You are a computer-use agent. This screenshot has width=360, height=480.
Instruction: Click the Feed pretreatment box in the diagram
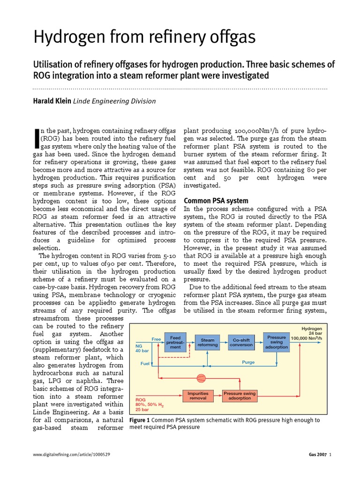point(175,342)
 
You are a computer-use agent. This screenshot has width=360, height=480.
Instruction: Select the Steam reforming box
point(208,342)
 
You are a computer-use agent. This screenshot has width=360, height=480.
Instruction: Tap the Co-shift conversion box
point(241,342)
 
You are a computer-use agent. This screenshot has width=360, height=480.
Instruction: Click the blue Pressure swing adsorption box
point(277,342)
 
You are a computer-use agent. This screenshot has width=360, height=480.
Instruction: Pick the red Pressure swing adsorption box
point(240,396)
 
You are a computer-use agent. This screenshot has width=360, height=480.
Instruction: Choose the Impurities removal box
point(198,396)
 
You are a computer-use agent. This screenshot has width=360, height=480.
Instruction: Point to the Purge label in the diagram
point(248,362)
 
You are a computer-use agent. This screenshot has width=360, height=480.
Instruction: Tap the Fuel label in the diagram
point(145,363)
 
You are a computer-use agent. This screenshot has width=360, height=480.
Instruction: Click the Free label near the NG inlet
point(156,338)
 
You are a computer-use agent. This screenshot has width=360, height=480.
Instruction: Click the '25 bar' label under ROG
point(142,409)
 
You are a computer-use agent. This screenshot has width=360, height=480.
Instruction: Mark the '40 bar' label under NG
point(142,350)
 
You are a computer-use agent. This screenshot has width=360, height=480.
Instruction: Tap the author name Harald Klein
point(52,101)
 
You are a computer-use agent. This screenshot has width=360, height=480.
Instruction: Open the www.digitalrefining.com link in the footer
point(72,455)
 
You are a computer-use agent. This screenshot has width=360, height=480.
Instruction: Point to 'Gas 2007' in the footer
point(317,455)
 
